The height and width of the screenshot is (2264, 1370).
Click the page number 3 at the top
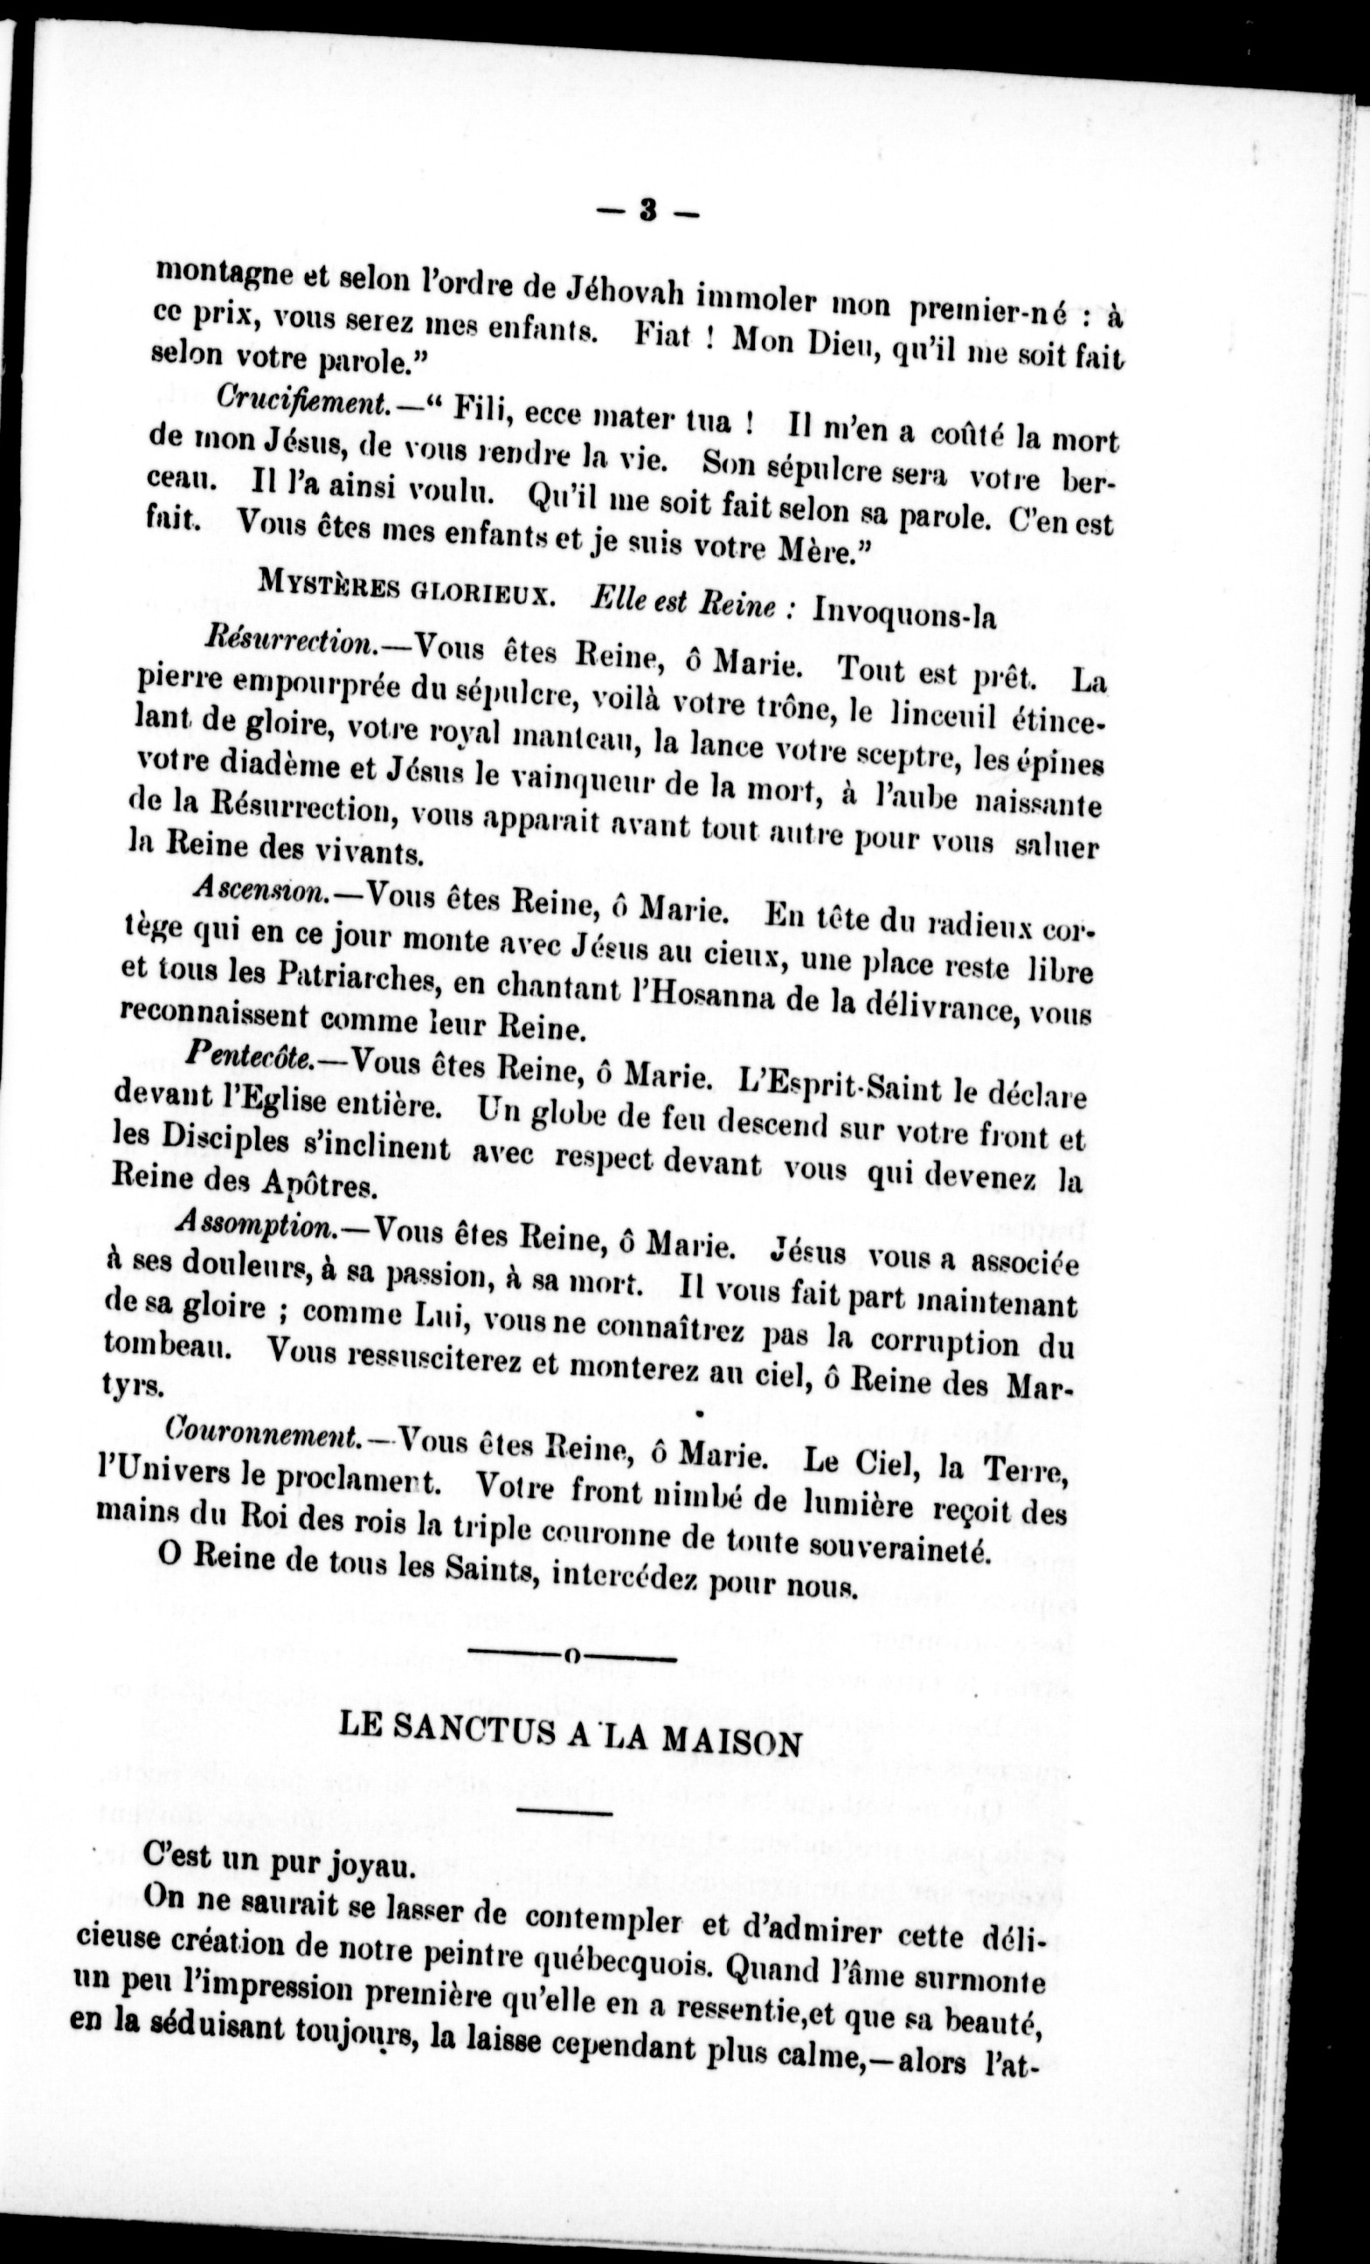pos(647,212)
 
